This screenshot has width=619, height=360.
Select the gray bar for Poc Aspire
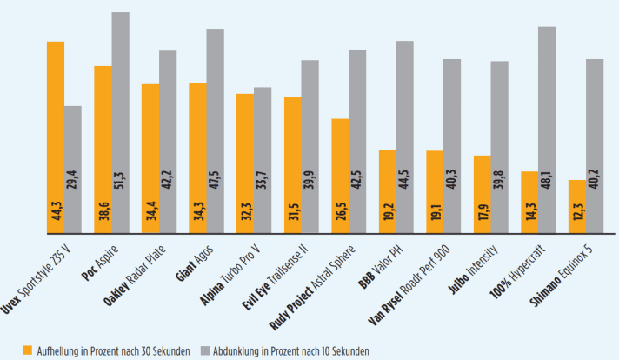pos(120,123)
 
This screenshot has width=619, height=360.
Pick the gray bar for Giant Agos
pos(215,130)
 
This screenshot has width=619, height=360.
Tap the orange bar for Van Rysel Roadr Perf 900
pos(434,192)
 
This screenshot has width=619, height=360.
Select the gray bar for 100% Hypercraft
pos(547,130)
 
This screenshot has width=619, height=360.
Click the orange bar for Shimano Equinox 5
pos(576,207)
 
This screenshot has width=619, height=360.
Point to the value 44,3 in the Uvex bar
pos(56,212)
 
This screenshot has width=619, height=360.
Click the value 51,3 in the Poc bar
pos(121,212)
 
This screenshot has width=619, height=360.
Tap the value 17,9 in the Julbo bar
pos(483,212)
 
